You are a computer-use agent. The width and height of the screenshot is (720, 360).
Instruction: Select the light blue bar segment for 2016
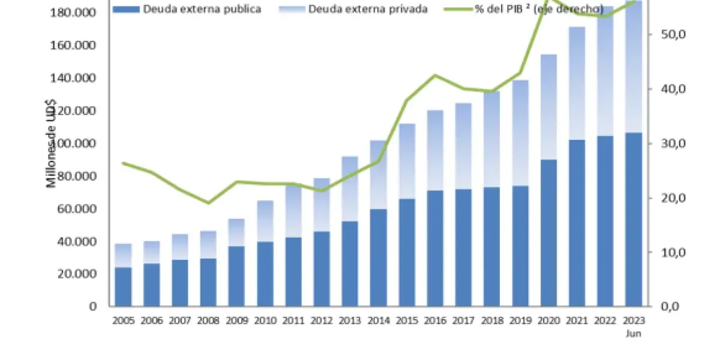tap(435, 150)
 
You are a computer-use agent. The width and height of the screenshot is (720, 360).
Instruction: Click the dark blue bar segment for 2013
tap(350, 263)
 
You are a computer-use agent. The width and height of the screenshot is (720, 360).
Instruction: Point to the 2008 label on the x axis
tap(208, 320)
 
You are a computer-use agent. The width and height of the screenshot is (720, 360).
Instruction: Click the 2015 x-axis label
tap(407, 320)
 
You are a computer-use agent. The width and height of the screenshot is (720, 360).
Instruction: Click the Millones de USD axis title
tap(52, 144)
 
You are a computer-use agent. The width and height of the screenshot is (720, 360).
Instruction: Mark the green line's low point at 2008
tap(208, 203)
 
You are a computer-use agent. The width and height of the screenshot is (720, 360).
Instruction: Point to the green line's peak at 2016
tap(435, 75)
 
